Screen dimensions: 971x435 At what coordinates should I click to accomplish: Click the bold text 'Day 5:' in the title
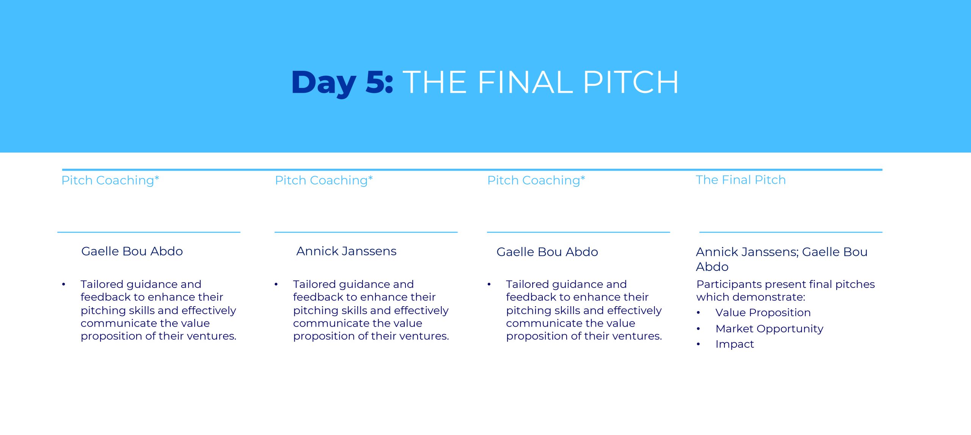click(x=342, y=83)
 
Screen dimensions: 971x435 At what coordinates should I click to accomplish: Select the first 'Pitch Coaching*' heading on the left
click(x=110, y=181)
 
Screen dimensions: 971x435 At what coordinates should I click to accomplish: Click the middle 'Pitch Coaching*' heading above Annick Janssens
click(x=324, y=181)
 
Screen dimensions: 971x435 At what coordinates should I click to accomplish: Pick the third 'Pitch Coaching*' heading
click(x=536, y=181)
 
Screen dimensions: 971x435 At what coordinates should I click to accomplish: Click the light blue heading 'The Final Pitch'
click(x=741, y=180)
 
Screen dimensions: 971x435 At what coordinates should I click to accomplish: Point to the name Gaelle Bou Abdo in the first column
click(x=132, y=251)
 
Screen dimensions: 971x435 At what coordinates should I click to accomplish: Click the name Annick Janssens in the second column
click(x=346, y=251)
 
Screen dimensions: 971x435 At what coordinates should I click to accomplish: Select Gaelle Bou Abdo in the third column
click(x=547, y=252)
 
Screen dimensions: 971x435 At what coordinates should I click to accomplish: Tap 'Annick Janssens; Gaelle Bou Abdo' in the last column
click(x=782, y=259)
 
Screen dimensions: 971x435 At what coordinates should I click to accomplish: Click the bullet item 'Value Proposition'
click(x=763, y=313)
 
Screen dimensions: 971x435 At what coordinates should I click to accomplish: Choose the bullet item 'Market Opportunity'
click(x=770, y=329)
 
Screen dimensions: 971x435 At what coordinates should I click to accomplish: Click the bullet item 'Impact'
click(x=735, y=344)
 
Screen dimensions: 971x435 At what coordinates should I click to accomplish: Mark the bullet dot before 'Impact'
click(x=698, y=344)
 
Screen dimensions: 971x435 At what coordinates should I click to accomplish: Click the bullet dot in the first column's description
click(x=64, y=284)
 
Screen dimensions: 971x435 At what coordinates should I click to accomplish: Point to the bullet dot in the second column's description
click(x=276, y=284)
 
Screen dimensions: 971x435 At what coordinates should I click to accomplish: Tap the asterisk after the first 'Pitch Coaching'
click(x=157, y=177)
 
